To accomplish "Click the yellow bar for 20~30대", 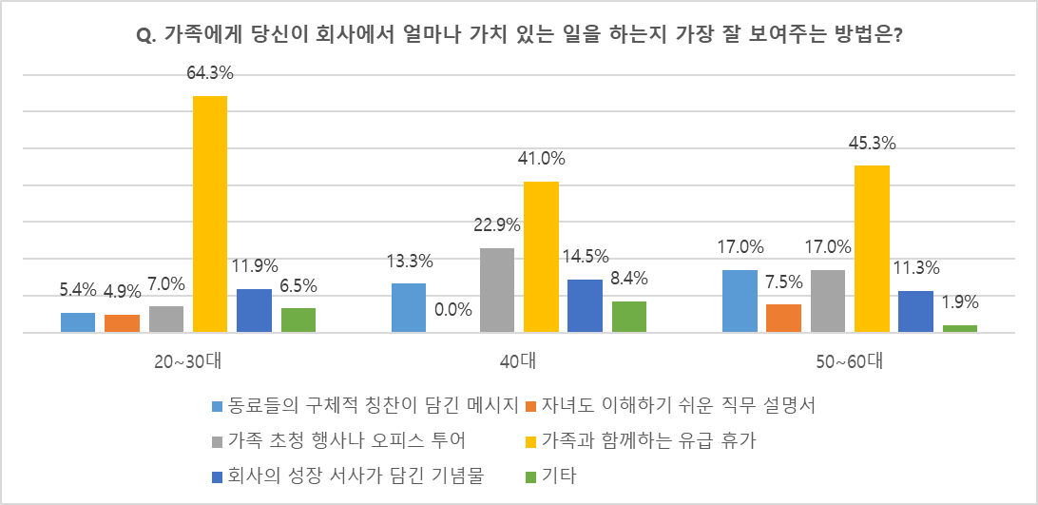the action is tap(210, 214).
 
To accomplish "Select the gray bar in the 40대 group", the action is tap(497, 290).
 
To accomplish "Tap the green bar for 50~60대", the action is tap(960, 329).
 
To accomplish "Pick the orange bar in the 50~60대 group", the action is tap(784, 318).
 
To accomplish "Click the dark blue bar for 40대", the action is tap(586, 305).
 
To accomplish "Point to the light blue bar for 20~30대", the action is tap(78, 322).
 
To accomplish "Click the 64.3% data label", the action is tap(210, 73).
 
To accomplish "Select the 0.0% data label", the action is tap(452, 309).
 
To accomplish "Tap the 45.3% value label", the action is tap(873, 143).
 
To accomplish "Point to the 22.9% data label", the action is tap(497, 224).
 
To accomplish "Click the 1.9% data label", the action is tap(960, 302).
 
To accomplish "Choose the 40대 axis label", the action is tap(519, 362).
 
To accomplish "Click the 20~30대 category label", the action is tap(188, 362).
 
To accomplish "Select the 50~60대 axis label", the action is tap(850, 362).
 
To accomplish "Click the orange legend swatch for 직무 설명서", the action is tap(531, 405).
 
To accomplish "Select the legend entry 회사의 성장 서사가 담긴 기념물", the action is tap(357, 476).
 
